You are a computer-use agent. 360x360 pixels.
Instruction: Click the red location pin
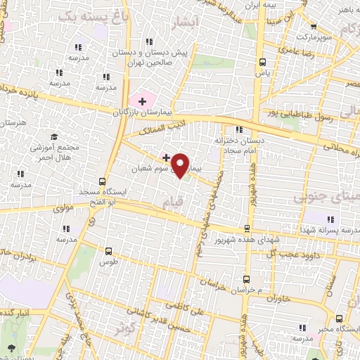pyautogui.click(x=181, y=165)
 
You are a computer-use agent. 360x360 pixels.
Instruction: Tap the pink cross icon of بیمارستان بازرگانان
pyautogui.click(x=143, y=102)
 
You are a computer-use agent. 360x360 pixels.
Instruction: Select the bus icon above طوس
pyautogui.click(x=108, y=251)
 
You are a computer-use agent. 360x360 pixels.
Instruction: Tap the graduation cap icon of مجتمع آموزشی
pyautogui.click(x=53, y=136)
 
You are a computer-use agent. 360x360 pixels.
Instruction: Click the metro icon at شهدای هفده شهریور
pyautogui.click(x=247, y=229)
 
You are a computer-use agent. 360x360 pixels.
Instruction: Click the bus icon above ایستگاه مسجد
pyautogui.click(x=103, y=181)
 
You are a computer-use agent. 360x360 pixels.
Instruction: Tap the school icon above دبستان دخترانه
pyautogui.click(x=240, y=129)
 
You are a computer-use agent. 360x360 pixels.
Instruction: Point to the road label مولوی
pyautogui.click(x=73, y=209)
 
